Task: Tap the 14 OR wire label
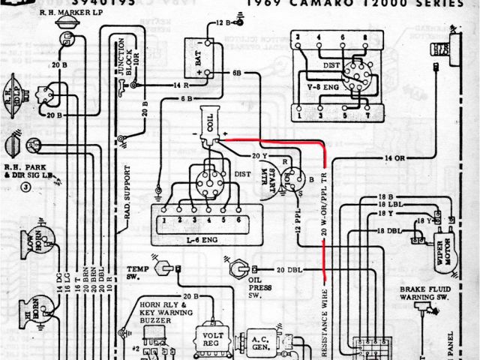tap(394, 158)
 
